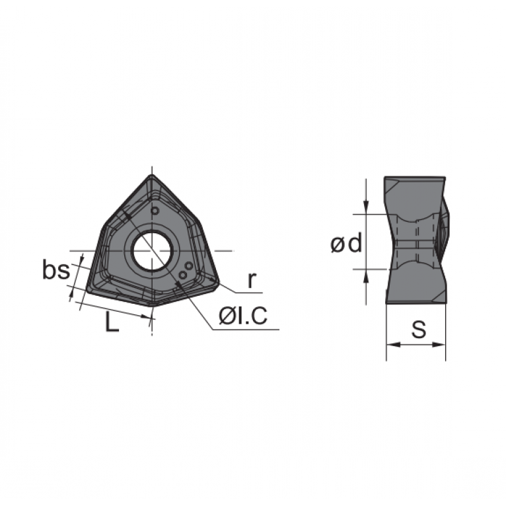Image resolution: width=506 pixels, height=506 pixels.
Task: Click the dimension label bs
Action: point(56,270)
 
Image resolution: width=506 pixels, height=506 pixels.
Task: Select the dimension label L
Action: point(112,322)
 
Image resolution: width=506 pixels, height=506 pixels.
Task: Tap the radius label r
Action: point(252,280)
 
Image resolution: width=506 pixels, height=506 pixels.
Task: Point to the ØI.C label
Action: point(243,315)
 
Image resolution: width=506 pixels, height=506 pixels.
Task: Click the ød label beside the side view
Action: point(347,243)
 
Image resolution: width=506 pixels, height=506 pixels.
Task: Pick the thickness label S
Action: point(419,329)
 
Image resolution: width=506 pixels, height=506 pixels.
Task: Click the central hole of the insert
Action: point(152,250)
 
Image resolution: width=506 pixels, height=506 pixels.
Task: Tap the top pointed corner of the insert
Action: point(152,176)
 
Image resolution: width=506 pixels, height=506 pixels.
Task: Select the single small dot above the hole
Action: point(155,211)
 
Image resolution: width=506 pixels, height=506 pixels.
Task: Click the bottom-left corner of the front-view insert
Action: point(88,290)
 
